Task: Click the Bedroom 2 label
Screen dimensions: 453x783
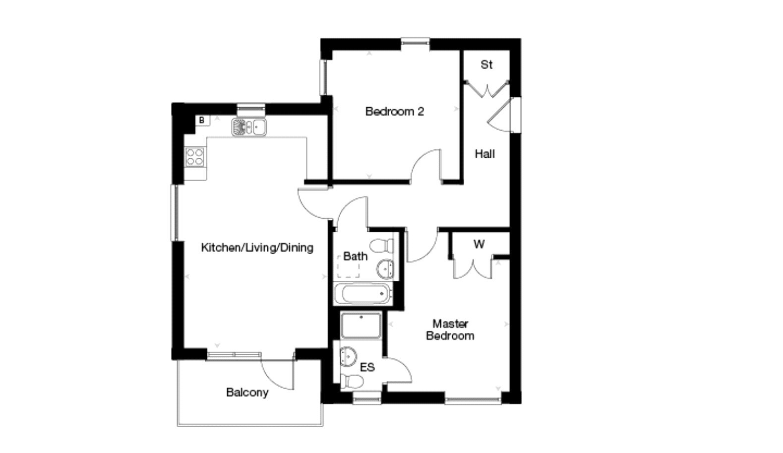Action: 394,112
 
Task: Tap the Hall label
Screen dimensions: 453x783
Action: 484,154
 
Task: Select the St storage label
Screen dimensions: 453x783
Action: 486,65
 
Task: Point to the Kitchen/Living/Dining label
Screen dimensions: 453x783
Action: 257,247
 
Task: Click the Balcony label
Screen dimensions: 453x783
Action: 247,392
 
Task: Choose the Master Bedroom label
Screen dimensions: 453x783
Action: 450,330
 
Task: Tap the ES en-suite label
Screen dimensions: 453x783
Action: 367,368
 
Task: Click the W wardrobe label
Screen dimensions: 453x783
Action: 479,244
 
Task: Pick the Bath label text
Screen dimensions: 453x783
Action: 355,257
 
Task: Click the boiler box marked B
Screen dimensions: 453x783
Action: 202,120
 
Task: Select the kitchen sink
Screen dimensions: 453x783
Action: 248,127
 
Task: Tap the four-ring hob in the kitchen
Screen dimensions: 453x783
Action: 194,157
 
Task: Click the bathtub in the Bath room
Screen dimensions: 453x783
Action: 362,294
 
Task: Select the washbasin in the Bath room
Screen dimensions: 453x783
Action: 385,269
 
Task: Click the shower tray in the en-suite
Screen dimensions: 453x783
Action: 361,325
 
